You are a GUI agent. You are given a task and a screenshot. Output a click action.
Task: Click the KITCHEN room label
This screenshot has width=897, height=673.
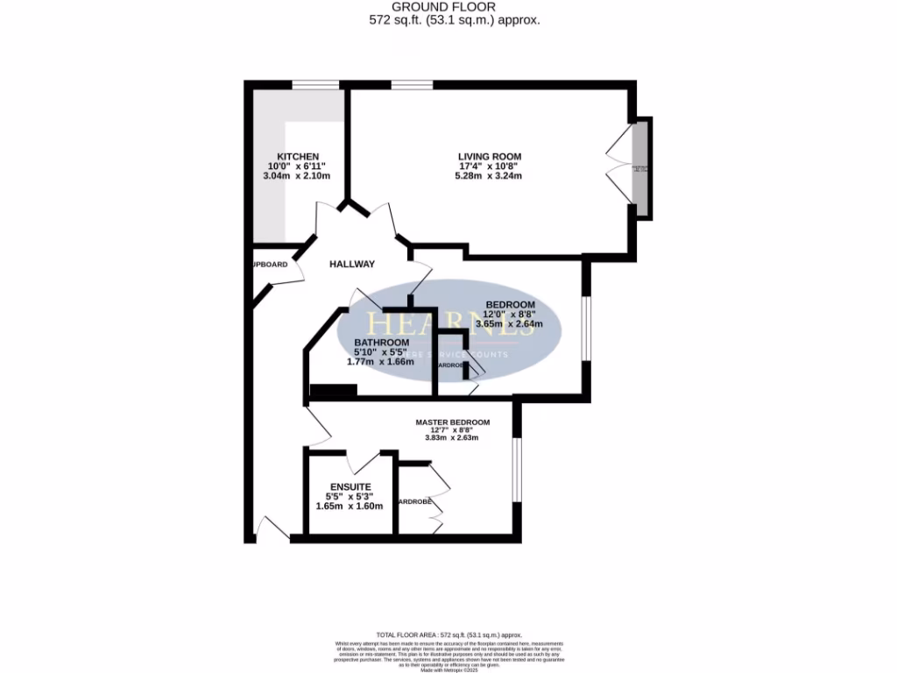[292, 156]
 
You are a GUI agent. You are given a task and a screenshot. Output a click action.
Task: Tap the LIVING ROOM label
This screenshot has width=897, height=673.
[484, 156]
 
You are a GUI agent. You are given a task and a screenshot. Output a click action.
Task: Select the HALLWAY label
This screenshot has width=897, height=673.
[352, 264]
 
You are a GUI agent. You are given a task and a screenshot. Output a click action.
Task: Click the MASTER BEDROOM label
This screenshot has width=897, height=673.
[452, 422]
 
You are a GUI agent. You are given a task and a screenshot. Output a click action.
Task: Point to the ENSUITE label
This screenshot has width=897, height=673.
[350, 486]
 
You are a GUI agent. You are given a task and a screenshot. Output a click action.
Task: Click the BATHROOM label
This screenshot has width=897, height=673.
[381, 342]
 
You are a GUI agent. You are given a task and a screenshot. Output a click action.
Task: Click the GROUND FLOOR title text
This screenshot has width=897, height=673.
[448, 7]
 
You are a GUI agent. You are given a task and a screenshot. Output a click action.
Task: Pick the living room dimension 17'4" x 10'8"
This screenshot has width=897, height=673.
[484, 166]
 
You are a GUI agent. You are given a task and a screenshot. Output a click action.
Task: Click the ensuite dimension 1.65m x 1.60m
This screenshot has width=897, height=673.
[350, 506]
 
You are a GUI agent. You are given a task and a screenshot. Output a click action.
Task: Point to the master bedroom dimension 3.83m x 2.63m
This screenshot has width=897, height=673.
[452, 438]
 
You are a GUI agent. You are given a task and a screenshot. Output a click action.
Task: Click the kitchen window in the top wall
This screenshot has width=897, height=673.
[315, 85]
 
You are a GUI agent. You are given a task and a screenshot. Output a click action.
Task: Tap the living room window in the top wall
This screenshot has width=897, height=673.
[412, 85]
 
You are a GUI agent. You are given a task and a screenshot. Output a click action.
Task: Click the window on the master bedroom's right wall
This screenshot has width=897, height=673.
[518, 469]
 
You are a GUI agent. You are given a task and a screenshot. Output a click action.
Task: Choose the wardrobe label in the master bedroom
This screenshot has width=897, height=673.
[416, 502]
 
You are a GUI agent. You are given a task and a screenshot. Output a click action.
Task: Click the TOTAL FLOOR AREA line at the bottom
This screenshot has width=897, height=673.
[448, 634]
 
